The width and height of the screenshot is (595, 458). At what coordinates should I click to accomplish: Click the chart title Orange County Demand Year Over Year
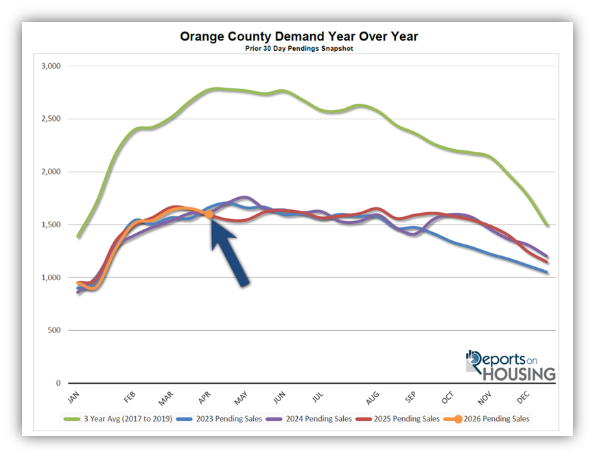pos(299,36)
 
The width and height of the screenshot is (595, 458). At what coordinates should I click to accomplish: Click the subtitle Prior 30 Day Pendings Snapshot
pos(299,49)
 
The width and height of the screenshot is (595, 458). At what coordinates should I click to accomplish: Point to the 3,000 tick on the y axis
pos(51,66)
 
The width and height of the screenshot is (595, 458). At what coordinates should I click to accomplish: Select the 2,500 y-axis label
pos(51,119)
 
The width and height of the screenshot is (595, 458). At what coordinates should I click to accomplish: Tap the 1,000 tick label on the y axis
pos(51,277)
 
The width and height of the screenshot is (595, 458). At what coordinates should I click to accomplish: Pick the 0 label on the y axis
pos(58,383)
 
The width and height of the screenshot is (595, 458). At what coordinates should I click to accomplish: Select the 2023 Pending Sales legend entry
pos(222,418)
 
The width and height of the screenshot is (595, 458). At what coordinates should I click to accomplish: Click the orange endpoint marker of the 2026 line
pos(209,214)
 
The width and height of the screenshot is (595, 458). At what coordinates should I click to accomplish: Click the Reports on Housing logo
pos(510,365)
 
